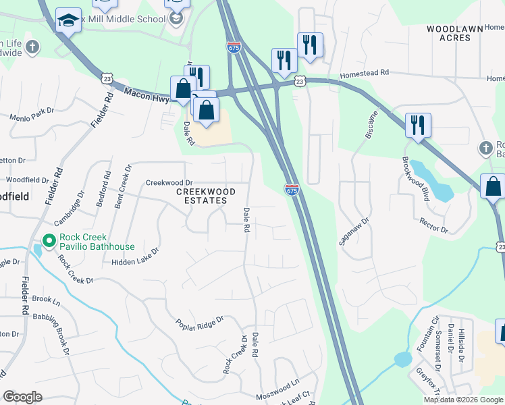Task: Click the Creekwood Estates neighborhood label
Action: tap(206, 196)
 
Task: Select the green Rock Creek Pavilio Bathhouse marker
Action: tap(48, 240)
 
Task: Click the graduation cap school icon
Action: tap(68, 22)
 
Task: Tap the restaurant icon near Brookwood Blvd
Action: tap(418, 126)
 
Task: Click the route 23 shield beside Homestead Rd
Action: tap(300, 81)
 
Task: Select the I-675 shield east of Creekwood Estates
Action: tap(291, 191)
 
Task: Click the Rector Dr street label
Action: tap(433, 225)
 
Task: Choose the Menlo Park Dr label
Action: tap(31, 111)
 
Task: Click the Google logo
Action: tap(22, 397)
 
